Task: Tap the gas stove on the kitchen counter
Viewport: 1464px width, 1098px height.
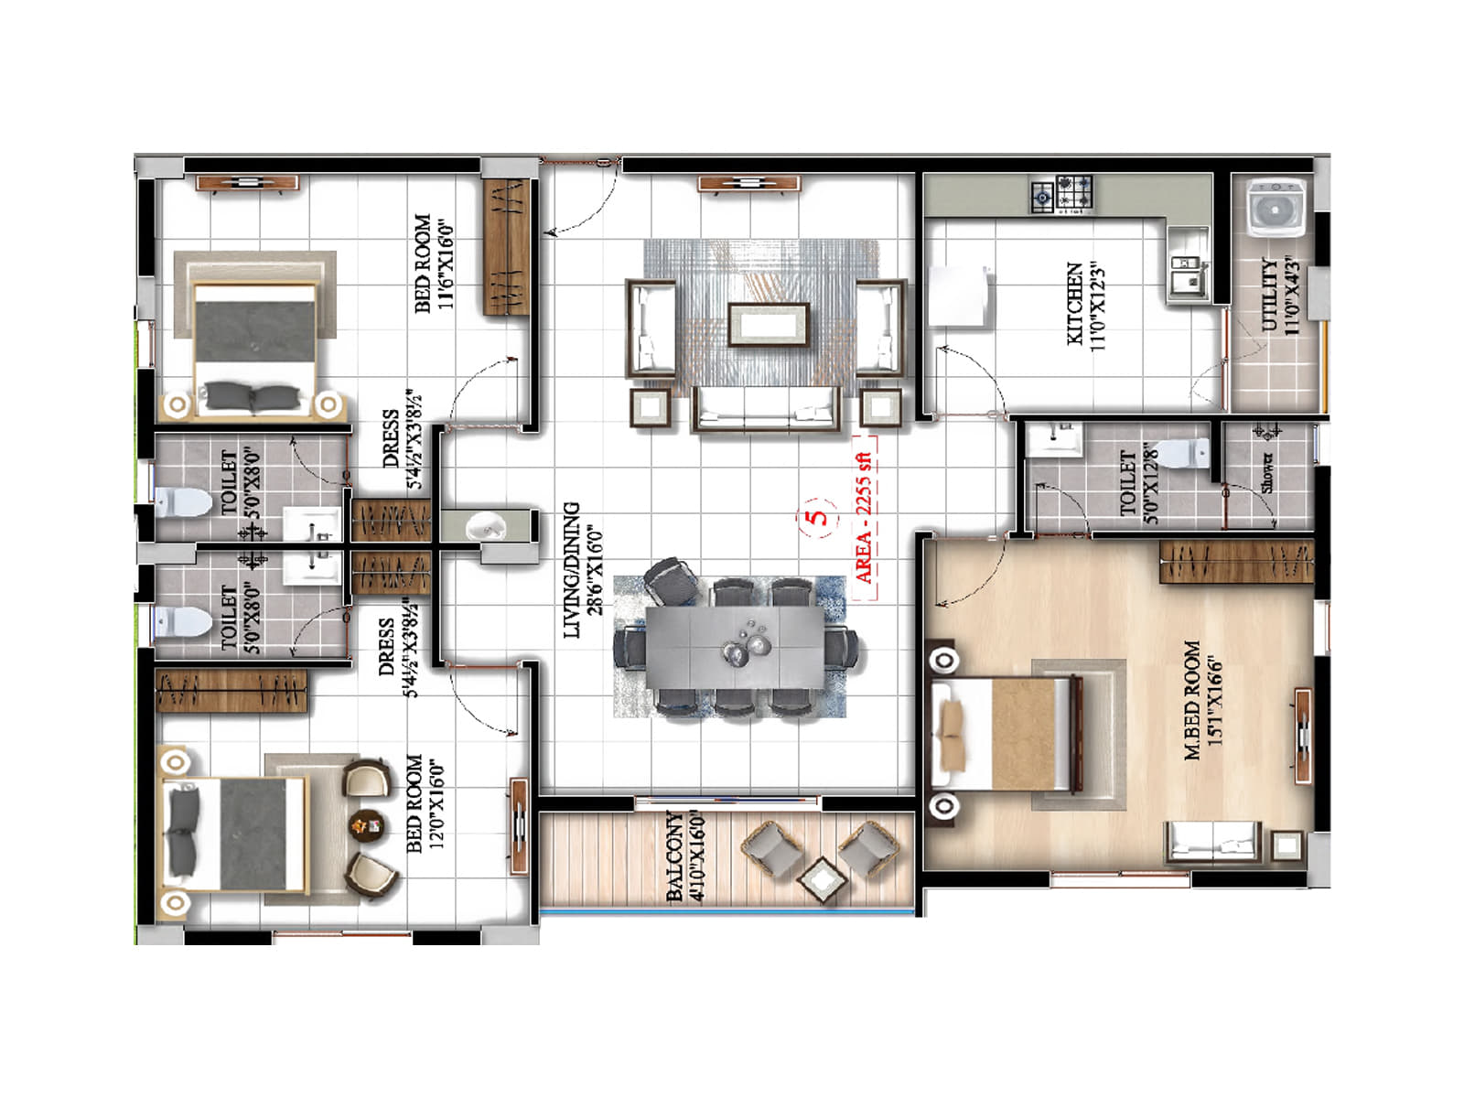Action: click(1062, 194)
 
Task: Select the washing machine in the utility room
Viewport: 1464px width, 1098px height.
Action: click(1276, 207)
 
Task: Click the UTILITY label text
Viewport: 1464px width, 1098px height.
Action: click(1280, 295)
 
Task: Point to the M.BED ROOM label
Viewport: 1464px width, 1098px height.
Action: click(1203, 700)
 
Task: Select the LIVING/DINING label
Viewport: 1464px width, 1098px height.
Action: click(583, 569)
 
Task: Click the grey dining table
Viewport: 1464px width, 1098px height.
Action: click(737, 646)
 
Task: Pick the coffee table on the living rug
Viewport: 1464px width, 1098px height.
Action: click(769, 324)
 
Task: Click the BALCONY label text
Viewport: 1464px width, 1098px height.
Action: click(685, 856)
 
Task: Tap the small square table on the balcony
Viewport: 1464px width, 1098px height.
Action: click(822, 880)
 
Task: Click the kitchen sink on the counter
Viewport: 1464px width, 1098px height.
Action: click(1187, 273)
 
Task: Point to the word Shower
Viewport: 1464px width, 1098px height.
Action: click(1267, 471)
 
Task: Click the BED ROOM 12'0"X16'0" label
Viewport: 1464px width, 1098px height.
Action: click(425, 802)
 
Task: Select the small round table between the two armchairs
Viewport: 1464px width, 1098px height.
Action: click(368, 824)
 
